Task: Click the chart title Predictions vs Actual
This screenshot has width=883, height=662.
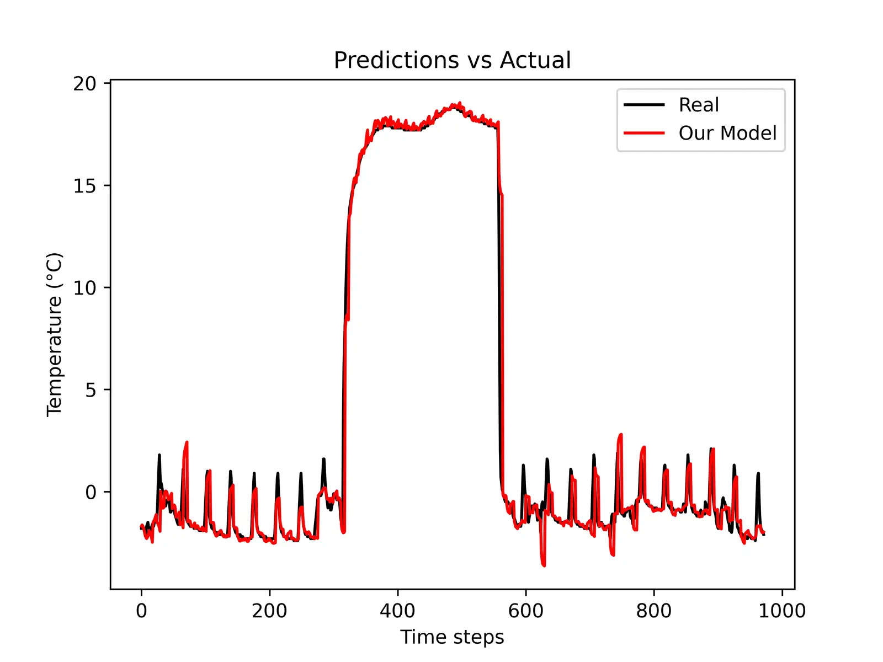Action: [452, 60]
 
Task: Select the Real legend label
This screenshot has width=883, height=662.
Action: [699, 105]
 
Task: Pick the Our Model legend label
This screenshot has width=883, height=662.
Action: [727, 133]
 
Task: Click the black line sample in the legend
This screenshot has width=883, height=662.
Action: [643, 105]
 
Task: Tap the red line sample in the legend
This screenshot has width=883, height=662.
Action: [643, 133]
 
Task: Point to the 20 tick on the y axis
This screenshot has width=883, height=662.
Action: [84, 84]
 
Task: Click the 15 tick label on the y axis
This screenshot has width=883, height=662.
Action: [84, 186]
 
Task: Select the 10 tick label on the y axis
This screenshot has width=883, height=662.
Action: [84, 288]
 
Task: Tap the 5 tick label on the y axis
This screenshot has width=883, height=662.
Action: [91, 390]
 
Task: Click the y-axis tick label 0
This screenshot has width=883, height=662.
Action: [91, 492]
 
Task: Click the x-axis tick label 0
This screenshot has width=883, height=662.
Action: [141, 611]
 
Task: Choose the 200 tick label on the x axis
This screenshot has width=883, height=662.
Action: [269, 611]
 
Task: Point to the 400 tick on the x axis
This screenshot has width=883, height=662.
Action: [397, 611]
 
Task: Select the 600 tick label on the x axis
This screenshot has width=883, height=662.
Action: [525, 611]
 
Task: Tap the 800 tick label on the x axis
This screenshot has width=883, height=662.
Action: [653, 611]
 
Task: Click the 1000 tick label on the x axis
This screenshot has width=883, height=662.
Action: [781, 611]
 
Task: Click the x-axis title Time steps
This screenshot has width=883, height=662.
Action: [452, 637]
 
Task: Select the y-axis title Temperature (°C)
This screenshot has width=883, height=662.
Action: [55, 334]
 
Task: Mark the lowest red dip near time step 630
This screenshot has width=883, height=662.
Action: [544, 565]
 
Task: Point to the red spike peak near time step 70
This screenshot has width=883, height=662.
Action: [187, 442]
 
